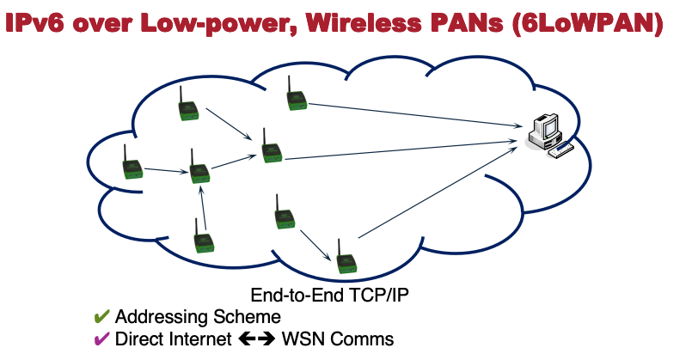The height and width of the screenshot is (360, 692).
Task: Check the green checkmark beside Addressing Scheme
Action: click(101, 316)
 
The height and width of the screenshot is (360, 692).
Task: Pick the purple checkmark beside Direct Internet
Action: click(101, 339)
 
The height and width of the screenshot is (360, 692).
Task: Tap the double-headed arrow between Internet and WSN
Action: click(256, 339)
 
